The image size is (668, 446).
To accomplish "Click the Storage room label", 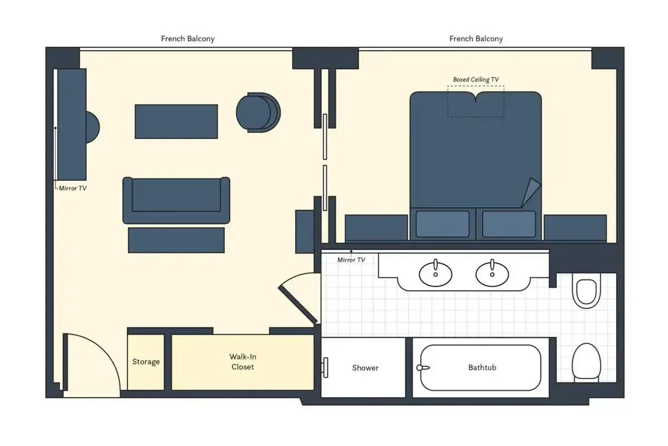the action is click(x=146, y=362).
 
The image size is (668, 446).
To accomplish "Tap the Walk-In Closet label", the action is click(x=243, y=362).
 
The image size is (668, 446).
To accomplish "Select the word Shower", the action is click(x=365, y=368).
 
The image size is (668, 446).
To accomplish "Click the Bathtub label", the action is click(x=482, y=367).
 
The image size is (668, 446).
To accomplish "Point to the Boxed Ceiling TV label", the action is click(x=475, y=80).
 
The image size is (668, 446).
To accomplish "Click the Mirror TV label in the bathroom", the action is click(x=351, y=260).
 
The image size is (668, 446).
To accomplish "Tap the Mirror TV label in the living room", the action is click(x=72, y=188).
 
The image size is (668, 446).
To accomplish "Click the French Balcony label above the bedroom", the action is click(x=476, y=39).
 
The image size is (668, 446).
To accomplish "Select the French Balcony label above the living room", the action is click(x=188, y=39).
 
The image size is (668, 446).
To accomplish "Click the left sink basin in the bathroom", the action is click(x=435, y=274).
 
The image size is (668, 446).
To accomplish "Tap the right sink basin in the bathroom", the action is click(x=492, y=274).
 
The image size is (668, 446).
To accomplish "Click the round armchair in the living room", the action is click(x=258, y=112).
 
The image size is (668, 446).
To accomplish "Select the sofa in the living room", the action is click(x=176, y=200).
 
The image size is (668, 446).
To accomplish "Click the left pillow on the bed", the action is click(x=442, y=224).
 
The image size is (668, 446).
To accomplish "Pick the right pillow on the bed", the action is click(x=509, y=224).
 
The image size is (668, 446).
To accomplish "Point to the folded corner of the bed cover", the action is click(x=532, y=192).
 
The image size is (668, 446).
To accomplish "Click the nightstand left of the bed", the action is click(x=376, y=227).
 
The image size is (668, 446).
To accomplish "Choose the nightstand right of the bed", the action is click(x=575, y=227).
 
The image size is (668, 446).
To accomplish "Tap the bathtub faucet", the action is click(x=423, y=368).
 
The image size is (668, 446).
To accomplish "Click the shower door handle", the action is click(x=325, y=367).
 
